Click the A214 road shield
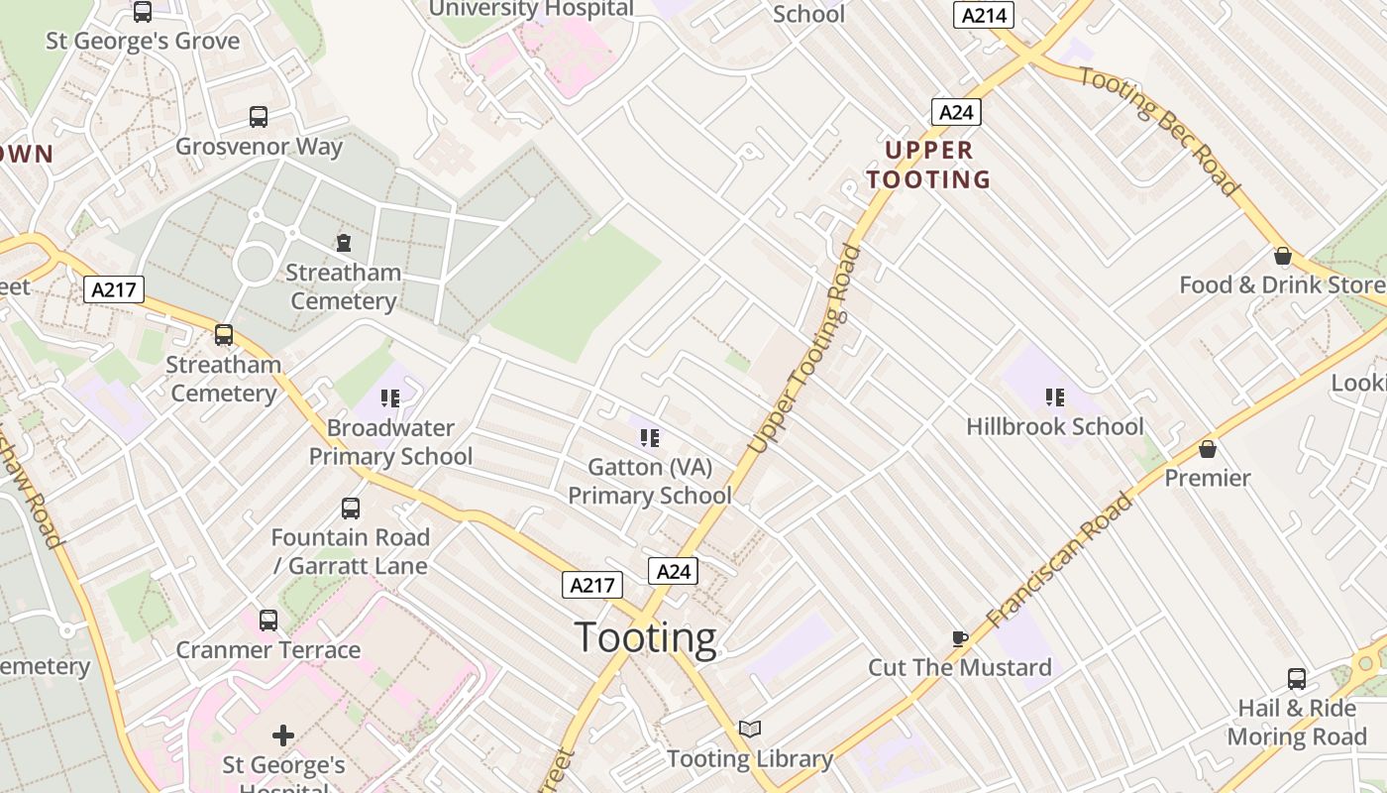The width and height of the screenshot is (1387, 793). click(x=985, y=14)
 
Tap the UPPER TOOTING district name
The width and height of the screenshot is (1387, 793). click(x=928, y=165)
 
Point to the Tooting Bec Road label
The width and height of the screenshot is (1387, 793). click(x=1160, y=130)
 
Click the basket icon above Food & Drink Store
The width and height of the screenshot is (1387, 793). click(x=1283, y=256)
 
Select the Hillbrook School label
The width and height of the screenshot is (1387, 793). click(x=1055, y=426)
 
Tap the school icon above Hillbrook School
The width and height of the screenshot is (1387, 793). click(x=1055, y=397)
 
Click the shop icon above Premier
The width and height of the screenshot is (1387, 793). click(x=1208, y=449)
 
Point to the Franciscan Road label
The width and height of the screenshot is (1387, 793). click(x=1059, y=560)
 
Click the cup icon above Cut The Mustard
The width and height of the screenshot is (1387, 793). click(x=959, y=638)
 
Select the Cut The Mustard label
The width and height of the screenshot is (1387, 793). click(x=960, y=667)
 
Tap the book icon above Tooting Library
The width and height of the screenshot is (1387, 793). click(x=750, y=730)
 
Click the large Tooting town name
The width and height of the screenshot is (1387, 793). click(x=645, y=637)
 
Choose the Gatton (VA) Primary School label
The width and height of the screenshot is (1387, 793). click(x=650, y=481)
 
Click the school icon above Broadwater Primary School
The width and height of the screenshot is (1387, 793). click(x=390, y=398)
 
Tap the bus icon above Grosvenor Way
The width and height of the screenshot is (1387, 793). click(x=259, y=117)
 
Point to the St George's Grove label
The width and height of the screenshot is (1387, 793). click(x=143, y=41)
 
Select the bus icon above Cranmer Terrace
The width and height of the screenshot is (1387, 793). click(x=268, y=621)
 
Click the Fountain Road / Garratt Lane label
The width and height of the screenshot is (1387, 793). click(x=351, y=552)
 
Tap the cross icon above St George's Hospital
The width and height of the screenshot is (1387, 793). click(x=283, y=735)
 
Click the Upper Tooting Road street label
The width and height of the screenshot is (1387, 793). click(x=804, y=349)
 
